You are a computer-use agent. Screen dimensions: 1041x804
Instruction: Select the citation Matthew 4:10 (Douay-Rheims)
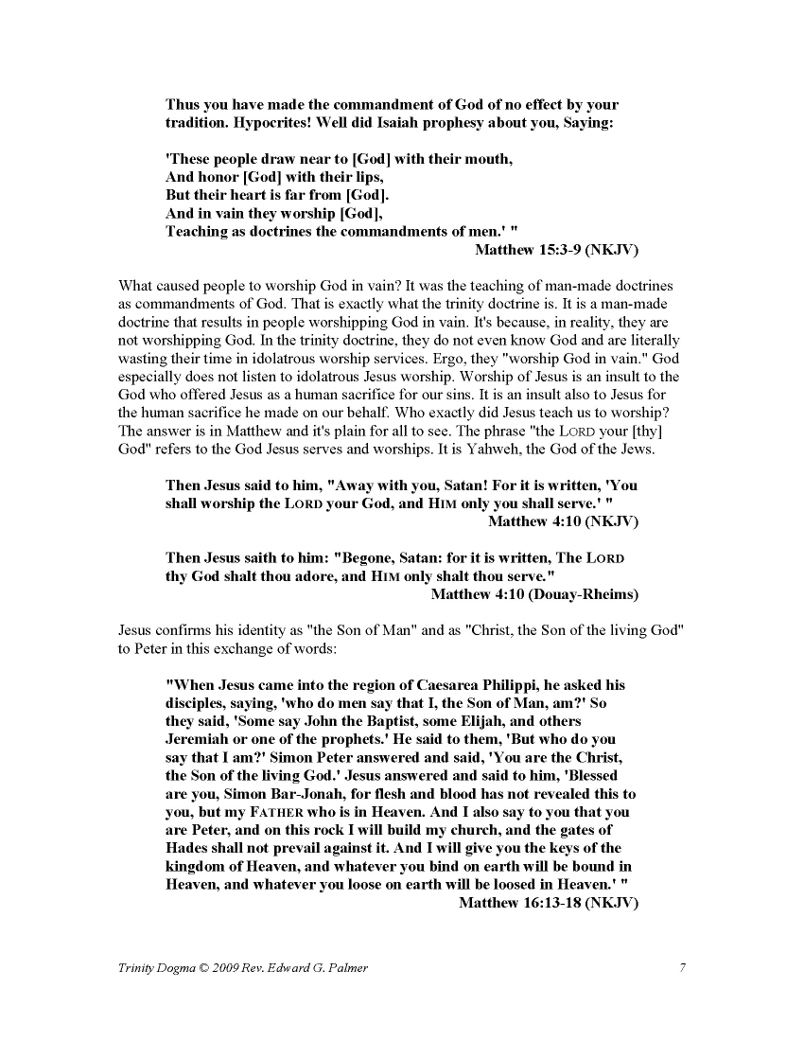pyautogui.click(x=534, y=594)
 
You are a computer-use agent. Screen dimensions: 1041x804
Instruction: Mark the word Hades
pyautogui.click(x=186, y=848)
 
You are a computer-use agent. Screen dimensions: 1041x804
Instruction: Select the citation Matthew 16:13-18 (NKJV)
pyautogui.click(x=549, y=903)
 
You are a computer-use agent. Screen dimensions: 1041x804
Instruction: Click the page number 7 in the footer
pyautogui.click(x=682, y=967)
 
